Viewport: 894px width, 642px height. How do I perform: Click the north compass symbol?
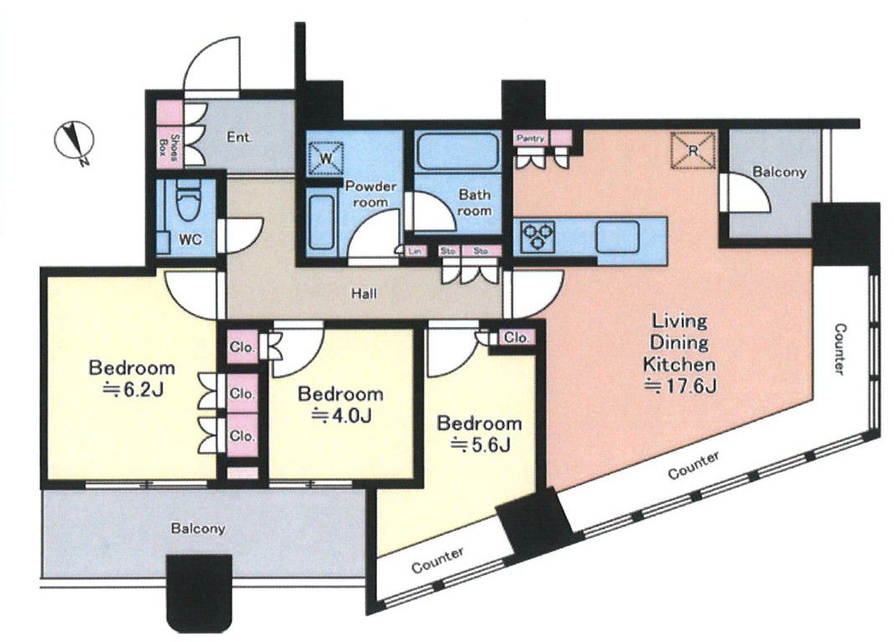(x=74, y=141)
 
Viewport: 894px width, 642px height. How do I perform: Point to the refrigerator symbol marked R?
(x=693, y=151)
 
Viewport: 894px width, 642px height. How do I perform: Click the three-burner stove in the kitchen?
(x=538, y=236)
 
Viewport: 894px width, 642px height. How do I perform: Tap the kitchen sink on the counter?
(x=618, y=236)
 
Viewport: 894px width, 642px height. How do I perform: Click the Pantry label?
(x=531, y=138)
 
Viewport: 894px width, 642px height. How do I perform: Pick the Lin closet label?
(x=415, y=250)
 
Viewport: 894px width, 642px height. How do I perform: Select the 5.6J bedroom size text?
(x=479, y=445)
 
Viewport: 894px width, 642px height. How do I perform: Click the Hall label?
(x=364, y=295)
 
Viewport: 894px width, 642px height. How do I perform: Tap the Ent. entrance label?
(x=240, y=137)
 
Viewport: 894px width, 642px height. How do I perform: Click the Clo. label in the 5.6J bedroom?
(x=517, y=337)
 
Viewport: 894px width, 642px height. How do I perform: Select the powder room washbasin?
(x=320, y=222)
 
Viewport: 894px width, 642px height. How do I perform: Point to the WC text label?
(x=190, y=240)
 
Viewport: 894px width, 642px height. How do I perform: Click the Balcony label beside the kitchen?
(x=779, y=172)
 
